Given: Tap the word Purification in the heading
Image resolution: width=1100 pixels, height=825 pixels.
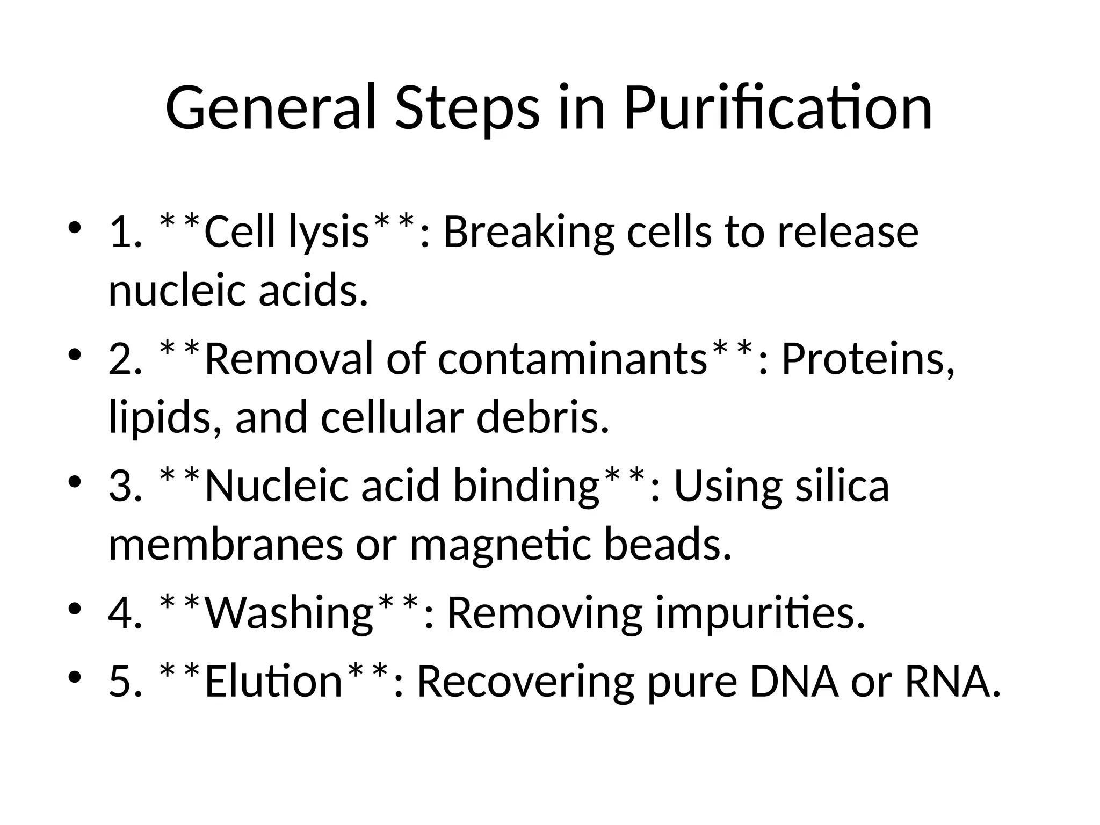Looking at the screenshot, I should [x=778, y=108].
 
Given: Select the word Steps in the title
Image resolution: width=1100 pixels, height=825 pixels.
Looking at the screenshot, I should [x=466, y=110].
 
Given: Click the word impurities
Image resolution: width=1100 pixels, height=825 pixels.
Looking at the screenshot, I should [x=759, y=613].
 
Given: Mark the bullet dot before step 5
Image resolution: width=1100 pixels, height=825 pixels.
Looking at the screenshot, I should [x=75, y=676].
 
